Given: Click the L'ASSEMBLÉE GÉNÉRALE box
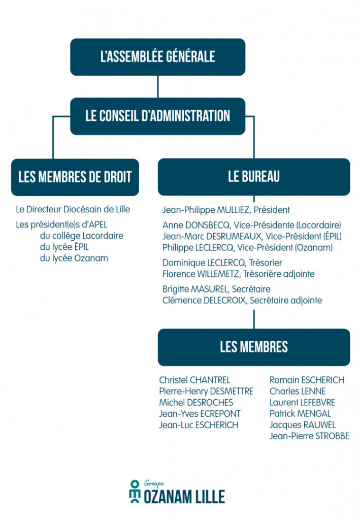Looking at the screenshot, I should tap(157, 57).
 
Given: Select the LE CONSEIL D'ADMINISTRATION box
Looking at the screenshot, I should tap(157, 116).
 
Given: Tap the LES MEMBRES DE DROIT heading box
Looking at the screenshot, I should tap(75, 177).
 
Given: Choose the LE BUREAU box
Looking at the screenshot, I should tap(253, 177).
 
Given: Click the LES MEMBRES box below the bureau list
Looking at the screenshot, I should tap(253, 347).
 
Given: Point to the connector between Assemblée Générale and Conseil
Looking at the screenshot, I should tap(157, 86).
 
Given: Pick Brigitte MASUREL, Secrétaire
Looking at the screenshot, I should tap(216, 289).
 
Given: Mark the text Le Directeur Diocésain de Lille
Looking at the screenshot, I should tap(73, 209).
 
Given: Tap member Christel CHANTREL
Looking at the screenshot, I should tap(194, 380).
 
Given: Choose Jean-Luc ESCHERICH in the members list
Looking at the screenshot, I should tap(199, 425).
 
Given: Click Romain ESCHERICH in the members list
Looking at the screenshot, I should tap(307, 380).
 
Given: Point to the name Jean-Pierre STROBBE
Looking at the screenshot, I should tap(309, 436).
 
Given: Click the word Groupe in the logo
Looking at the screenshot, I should tap(154, 483).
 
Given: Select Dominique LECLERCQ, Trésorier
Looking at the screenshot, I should tap(222, 263).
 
